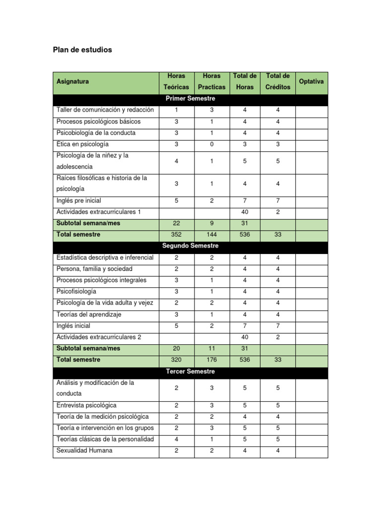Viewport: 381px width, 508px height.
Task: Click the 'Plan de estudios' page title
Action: (82, 50)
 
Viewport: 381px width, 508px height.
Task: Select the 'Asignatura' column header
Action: (73, 81)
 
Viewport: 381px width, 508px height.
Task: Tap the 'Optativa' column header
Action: (312, 81)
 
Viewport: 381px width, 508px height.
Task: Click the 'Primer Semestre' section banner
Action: (190, 99)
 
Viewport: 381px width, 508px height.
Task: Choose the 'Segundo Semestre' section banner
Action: (190, 246)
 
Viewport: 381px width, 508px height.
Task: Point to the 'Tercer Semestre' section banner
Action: (190, 371)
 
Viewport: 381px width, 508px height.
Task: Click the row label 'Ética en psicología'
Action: (82, 144)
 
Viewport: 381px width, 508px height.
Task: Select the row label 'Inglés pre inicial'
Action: (79, 201)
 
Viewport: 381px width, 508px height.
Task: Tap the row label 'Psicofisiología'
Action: (76, 291)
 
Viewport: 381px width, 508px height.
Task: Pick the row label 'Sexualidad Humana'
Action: (85, 450)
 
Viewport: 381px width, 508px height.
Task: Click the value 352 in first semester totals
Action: (177, 235)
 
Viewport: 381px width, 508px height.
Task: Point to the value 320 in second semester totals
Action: (177, 360)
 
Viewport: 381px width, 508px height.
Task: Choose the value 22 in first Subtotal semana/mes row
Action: (177, 223)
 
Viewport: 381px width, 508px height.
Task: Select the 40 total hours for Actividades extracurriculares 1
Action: (245, 212)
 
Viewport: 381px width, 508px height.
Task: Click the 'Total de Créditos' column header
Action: (278, 81)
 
